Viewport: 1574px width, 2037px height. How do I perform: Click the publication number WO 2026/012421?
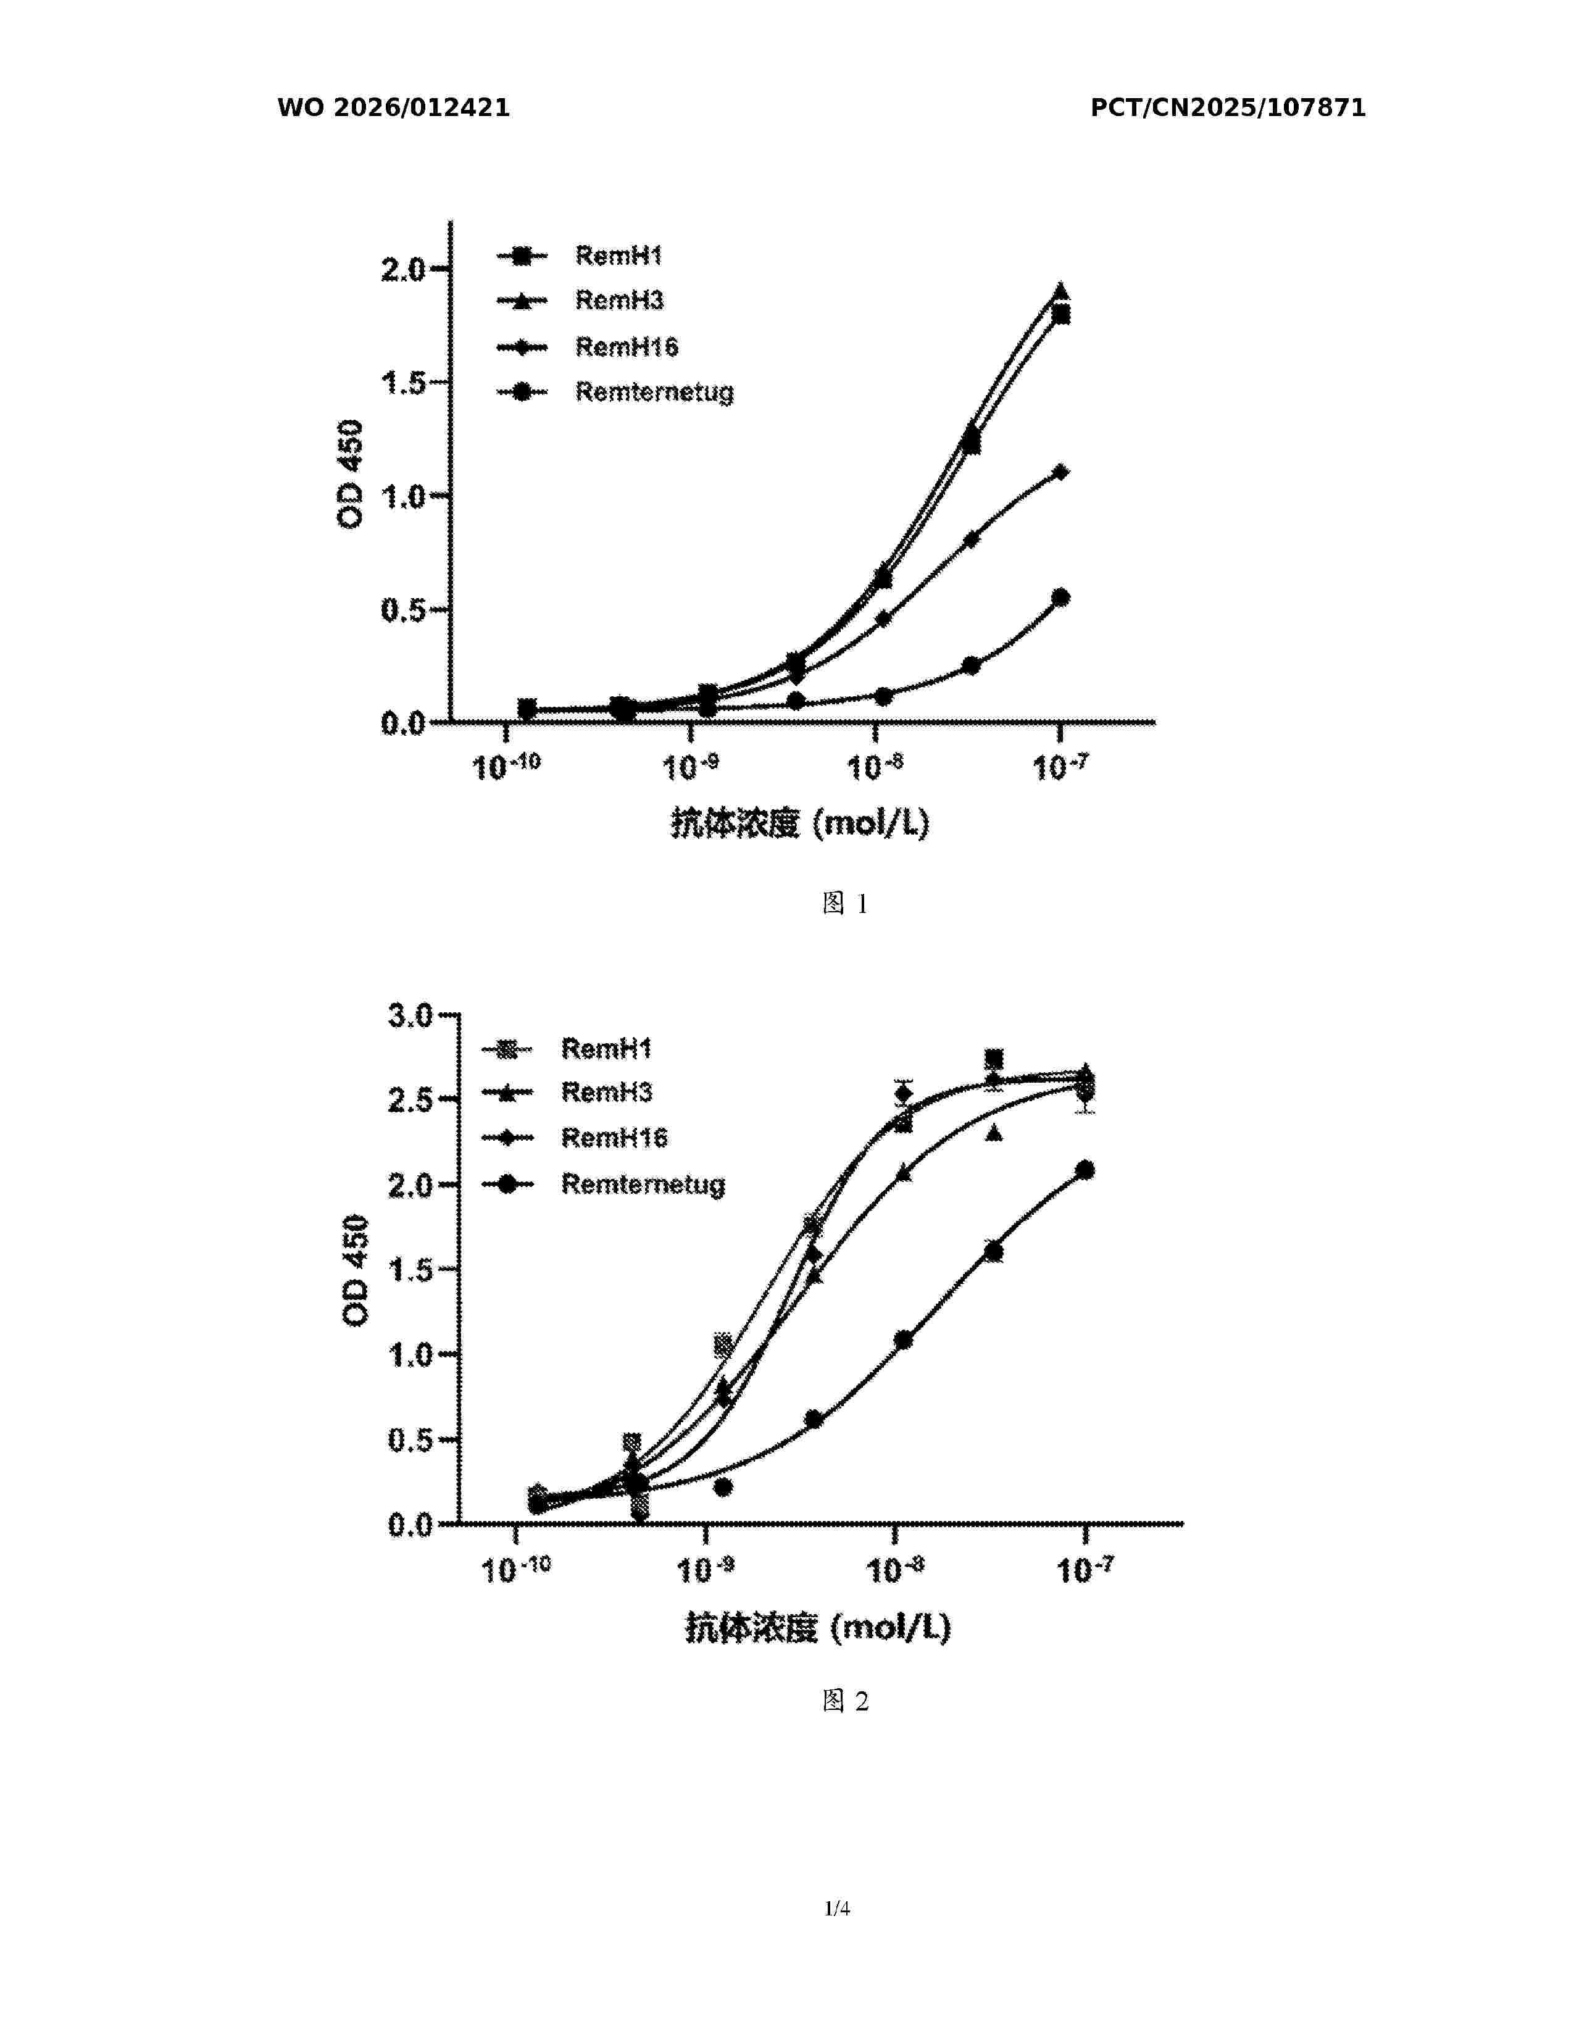tap(394, 108)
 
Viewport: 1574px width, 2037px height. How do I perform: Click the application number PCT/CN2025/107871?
tap(1227, 108)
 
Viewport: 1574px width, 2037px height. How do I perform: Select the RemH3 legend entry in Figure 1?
tap(619, 301)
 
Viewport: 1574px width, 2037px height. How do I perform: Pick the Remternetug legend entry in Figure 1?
tap(654, 392)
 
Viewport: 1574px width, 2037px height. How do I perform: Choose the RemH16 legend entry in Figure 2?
tap(614, 1138)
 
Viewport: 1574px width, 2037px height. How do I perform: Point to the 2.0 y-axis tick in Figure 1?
tap(403, 270)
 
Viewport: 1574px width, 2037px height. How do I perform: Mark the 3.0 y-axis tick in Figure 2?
tap(410, 1015)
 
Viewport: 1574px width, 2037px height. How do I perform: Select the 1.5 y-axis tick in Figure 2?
tap(410, 1269)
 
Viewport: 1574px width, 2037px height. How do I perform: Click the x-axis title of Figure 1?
tap(800, 823)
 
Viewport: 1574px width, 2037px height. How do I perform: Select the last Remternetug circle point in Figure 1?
tap(1060, 597)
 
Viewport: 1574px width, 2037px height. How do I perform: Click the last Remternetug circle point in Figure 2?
tap(1085, 1170)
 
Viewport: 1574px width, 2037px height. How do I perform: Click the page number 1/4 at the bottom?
tap(836, 1908)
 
